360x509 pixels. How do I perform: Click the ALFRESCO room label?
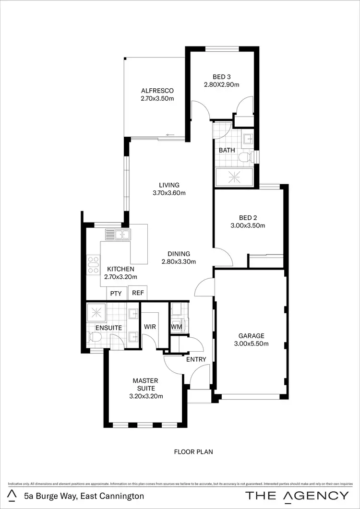click(157, 91)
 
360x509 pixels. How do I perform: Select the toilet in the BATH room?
click(245, 156)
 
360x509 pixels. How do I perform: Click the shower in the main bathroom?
click(235, 177)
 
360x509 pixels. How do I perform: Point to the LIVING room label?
click(169, 185)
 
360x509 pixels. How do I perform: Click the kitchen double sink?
click(118, 235)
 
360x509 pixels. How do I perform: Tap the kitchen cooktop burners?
click(92, 266)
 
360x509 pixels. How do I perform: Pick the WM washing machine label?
click(176, 327)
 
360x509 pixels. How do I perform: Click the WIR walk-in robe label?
click(150, 327)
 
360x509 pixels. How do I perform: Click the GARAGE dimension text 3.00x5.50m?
click(252, 343)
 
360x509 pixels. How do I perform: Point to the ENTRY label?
click(196, 359)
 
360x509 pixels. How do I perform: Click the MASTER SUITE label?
click(146, 384)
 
